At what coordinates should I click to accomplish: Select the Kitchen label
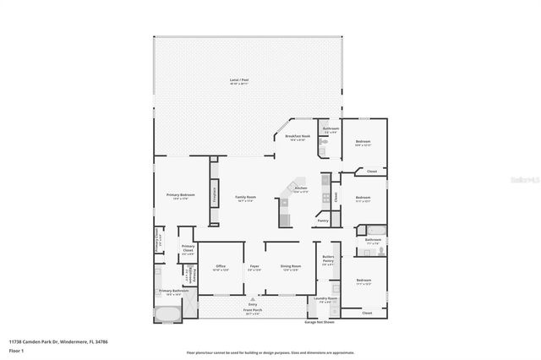[300, 189]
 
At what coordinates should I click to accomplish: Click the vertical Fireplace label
[215, 194]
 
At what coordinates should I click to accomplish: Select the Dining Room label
[291, 268]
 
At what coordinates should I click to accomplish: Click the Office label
[220, 268]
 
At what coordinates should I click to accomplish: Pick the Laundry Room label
[326, 299]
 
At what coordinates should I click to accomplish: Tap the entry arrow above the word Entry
[253, 298]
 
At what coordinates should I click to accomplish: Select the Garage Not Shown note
[320, 322]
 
